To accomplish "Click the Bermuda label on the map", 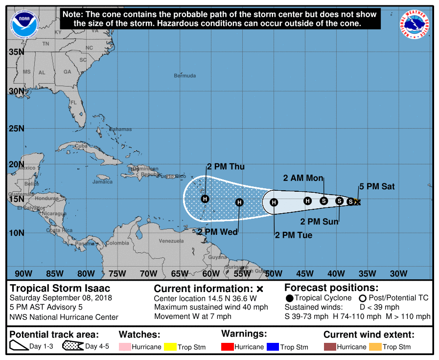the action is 185,76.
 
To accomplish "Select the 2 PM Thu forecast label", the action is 226,167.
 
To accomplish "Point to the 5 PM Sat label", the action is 377,186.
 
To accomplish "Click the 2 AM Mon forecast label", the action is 303,178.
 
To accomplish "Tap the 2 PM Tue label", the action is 293,235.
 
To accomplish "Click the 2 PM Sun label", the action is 319,222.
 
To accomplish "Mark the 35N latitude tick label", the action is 17,52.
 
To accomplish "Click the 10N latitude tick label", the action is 17,232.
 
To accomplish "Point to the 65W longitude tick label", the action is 180,273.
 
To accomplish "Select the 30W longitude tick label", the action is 398,273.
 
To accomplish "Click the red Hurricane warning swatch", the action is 228,347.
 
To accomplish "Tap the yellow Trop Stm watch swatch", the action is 170,347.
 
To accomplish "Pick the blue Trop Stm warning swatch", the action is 273,347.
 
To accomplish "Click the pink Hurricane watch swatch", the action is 125,347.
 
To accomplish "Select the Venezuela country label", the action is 171,241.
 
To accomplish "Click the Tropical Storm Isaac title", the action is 60,289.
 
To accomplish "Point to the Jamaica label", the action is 102,182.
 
